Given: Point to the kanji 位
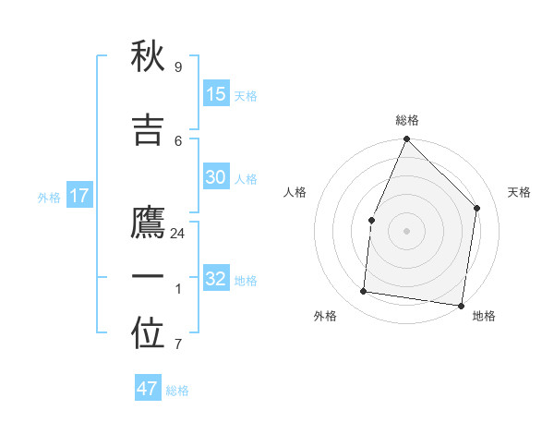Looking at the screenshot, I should click(x=148, y=336).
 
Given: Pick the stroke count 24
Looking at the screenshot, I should click(x=177, y=234).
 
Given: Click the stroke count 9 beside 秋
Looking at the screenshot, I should click(x=177, y=67).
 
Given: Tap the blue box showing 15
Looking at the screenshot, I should click(x=216, y=94).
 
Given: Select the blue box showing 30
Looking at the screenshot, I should click(x=216, y=177).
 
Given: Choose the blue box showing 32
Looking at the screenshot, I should click(x=216, y=279).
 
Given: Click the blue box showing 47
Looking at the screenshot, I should click(x=148, y=389).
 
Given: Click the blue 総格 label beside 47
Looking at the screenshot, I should click(x=177, y=391).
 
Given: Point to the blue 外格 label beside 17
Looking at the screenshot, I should click(x=49, y=198).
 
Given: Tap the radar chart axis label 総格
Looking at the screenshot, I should click(x=406, y=120).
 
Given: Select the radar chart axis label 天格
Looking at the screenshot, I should click(x=519, y=192).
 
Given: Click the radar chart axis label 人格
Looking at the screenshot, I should click(x=295, y=192).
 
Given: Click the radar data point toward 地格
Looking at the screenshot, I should click(x=461, y=305).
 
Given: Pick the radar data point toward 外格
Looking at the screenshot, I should click(x=364, y=292).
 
